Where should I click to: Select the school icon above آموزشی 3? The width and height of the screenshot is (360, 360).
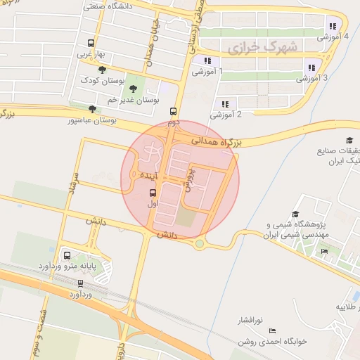click(311, 68)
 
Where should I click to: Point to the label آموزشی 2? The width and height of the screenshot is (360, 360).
click(226, 114)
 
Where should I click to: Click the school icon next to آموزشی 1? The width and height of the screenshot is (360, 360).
click(207, 61)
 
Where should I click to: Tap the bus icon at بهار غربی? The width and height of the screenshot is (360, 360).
click(90, 44)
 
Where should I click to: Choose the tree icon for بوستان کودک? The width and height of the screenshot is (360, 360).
click(103, 70)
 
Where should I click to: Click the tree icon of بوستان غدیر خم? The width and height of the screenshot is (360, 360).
click(134, 89)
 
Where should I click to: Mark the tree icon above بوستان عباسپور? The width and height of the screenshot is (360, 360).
click(92, 109)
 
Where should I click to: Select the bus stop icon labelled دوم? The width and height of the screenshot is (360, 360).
click(173, 111)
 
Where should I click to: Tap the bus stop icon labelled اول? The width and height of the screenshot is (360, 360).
click(153, 192)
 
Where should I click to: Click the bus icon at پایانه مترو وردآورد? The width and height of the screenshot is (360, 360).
click(67, 256)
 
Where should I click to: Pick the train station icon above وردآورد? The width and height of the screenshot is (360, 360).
click(81, 284)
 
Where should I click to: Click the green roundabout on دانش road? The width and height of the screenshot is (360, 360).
click(200, 244)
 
